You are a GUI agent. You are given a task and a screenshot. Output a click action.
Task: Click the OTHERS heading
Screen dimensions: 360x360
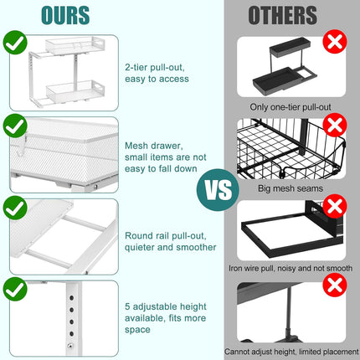coord(281,15)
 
